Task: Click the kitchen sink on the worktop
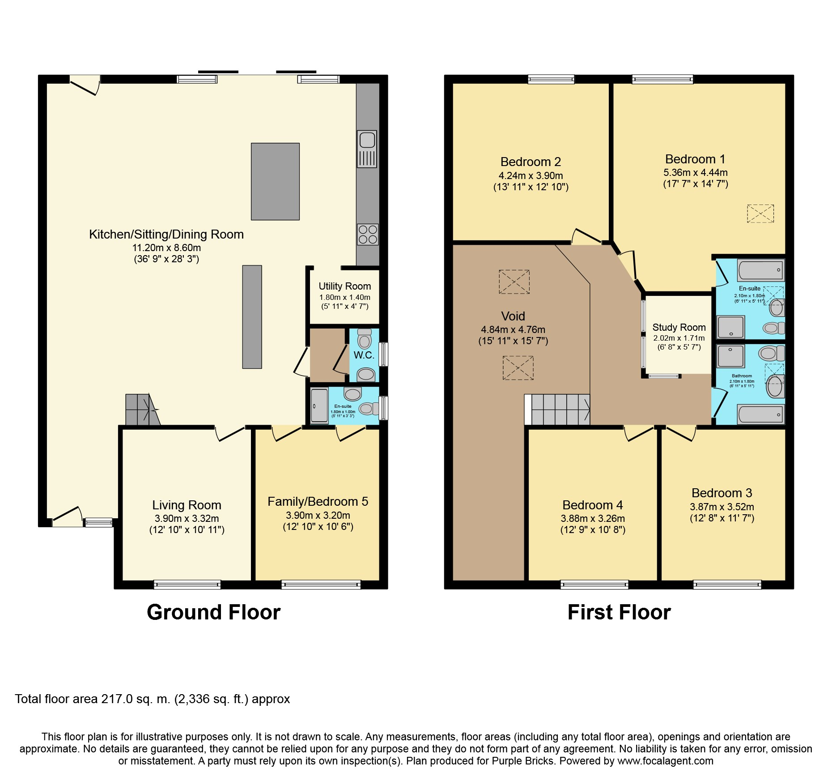(x=367, y=149)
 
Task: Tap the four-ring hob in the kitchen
(x=368, y=235)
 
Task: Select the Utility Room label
(x=345, y=286)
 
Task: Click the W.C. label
(x=364, y=355)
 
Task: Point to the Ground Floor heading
(x=214, y=612)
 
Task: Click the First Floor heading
(x=619, y=612)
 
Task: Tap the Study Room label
(x=679, y=327)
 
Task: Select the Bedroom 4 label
(x=593, y=505)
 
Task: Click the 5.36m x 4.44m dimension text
(x=696, y=172)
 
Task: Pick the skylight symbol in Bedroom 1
(x=760, y=213)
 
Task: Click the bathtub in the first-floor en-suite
(x=760, y=270)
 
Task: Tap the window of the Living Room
(x=187, y=585)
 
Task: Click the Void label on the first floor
(x=513, y=316)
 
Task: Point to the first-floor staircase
(x=557, y=409)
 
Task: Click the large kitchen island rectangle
(x=275, y=181)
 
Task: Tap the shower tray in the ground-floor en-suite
(x=319, y=406)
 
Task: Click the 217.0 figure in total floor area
(x=117, y=699)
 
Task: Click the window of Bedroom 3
(x=727, y=585)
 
